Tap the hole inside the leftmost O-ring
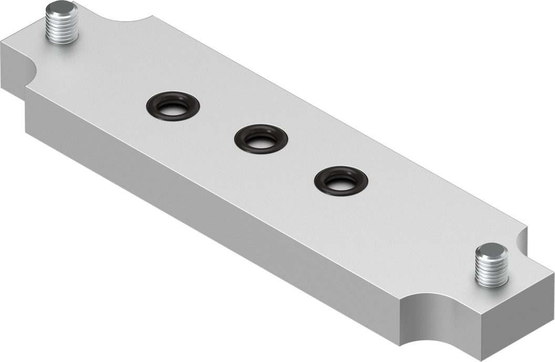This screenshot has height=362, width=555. (173, 108)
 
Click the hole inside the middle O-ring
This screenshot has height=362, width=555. (261, 140)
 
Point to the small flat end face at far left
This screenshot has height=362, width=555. (11, 68)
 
